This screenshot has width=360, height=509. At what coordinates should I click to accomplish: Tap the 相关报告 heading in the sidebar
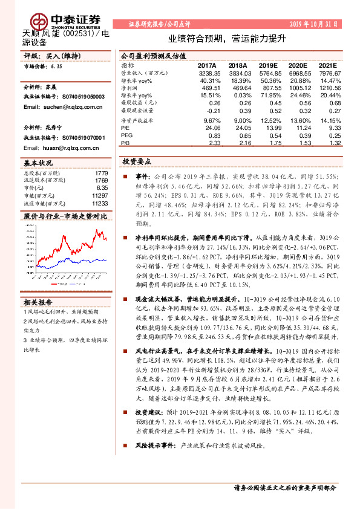point(39,302)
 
